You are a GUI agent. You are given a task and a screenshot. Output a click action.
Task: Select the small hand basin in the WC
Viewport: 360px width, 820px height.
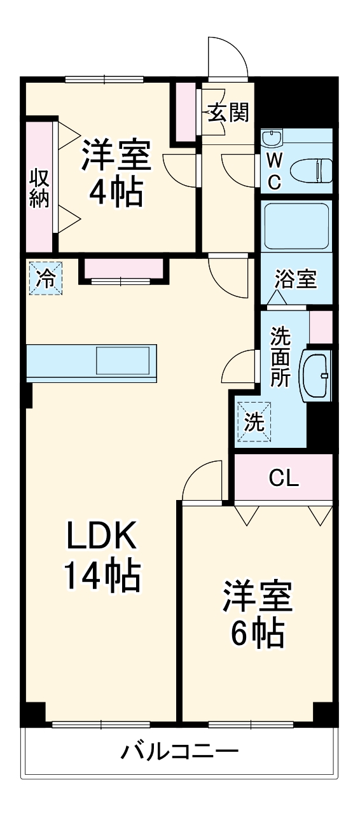tap(272, 139)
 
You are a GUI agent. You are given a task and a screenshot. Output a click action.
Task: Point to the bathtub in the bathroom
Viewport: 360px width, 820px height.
tap(296, 226)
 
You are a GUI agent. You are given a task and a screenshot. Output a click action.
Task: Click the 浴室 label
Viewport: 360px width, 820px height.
tap(296, 279)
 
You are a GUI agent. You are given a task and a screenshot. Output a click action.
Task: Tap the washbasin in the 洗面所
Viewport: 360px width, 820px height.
tap(317, 375)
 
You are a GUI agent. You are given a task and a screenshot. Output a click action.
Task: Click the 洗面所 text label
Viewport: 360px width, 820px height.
tap(280, 358)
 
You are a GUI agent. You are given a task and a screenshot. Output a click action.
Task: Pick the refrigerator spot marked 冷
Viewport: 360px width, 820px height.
tap(46, 277)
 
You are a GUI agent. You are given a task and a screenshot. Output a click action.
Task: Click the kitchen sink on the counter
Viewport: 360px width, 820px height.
tap(125, 361)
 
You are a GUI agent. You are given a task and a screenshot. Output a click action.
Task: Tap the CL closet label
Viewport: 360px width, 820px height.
tap(283, 478)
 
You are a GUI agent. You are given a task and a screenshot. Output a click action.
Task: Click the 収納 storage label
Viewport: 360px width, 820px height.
tap(39, 188)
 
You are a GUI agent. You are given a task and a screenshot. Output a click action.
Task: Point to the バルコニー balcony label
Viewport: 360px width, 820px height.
tap(180, 753)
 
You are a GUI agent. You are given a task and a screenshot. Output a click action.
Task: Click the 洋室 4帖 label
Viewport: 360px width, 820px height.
tap(116, 173)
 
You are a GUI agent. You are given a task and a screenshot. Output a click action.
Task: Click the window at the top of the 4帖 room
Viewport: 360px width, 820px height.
tap(105, 80)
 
